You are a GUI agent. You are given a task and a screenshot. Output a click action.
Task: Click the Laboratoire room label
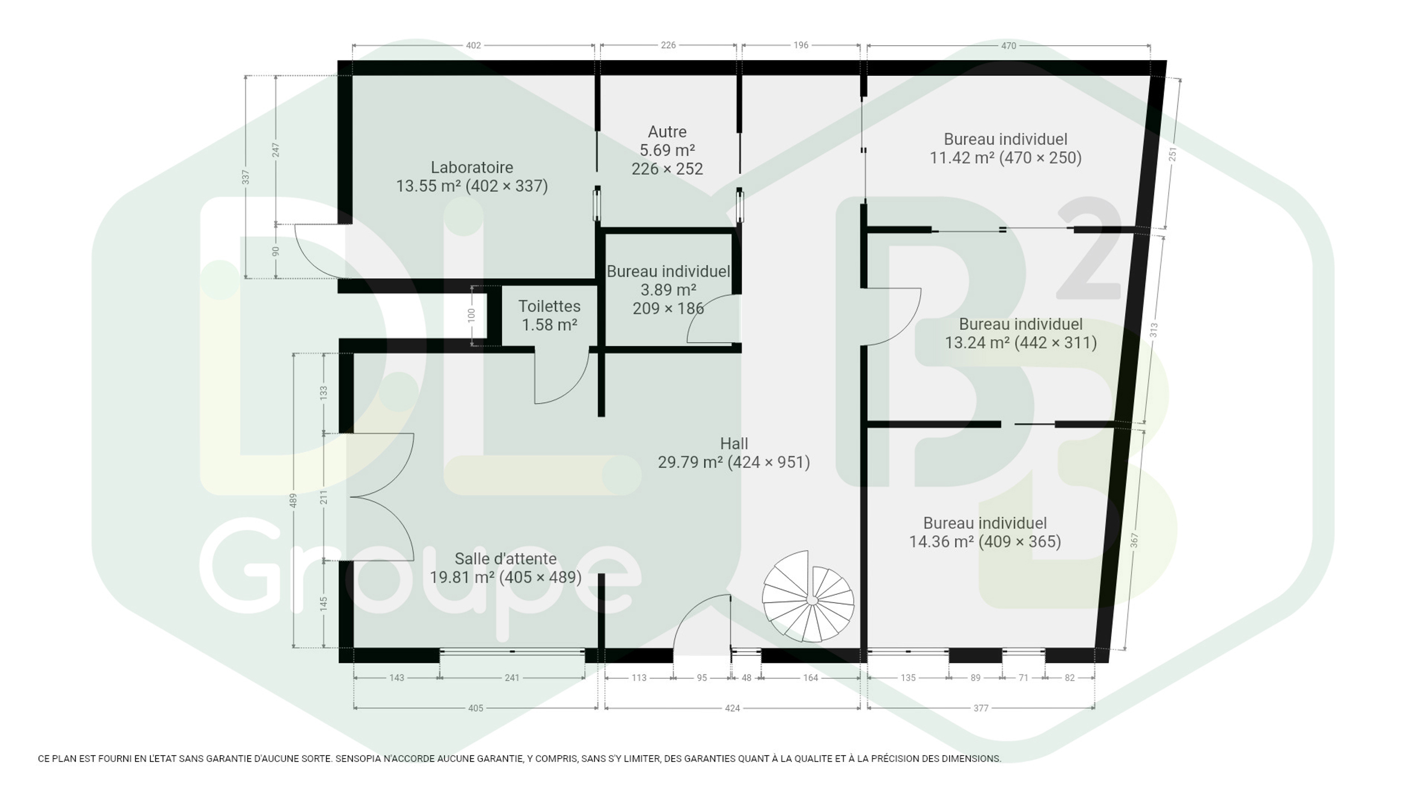(x=472, y=167)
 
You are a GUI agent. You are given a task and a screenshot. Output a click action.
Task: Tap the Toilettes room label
(x=549, y=306)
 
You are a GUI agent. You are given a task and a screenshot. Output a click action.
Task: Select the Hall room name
(x=734, y=443)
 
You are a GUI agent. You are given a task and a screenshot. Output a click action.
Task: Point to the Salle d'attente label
(x=505, y=559)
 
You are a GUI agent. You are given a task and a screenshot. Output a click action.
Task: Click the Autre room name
(x=667, y=132)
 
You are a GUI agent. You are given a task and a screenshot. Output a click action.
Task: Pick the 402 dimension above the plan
(x=473, y=45)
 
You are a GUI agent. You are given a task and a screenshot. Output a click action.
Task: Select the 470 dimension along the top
(x=1008, y=46)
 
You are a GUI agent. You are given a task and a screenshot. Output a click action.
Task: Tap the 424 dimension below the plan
(x=732, y=708)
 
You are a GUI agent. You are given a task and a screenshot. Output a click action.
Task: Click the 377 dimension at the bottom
(x=980, y=708)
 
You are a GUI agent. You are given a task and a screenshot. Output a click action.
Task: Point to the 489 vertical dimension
(x=294, y=500)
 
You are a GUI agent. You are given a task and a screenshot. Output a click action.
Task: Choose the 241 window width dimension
(x=511, y=678)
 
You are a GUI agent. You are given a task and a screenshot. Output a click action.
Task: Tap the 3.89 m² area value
(x=668, y=290)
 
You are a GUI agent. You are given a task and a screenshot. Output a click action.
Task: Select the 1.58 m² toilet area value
(x=549, y=324)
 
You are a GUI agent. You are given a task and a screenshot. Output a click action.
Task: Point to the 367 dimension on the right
(x=1134, y=540)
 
